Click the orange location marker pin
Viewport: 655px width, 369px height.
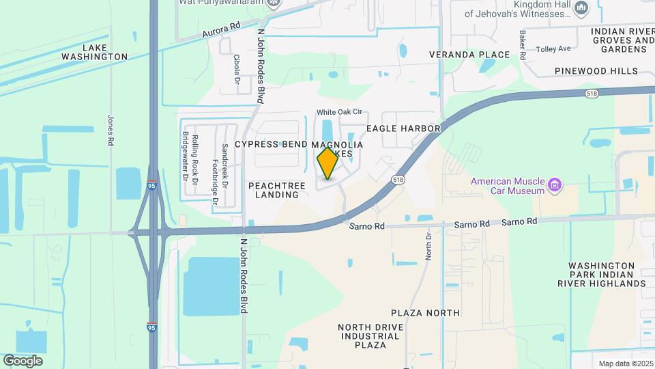[x=327, y=163]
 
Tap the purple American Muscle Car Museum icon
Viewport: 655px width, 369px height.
[x=555, y=184]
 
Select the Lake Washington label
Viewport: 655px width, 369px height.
[x=104, y=52]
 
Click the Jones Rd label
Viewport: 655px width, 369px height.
[x=110, y=130]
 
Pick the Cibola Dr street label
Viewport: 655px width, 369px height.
[x=237, y=70]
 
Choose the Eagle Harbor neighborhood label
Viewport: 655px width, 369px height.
[x=403, y=128]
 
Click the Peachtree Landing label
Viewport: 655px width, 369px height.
[x=274, y=190]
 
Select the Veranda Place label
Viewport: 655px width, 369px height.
[x=469, y=55]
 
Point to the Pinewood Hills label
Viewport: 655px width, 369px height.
[x=596, y=71]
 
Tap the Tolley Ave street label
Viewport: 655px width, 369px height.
[x=553, y=49]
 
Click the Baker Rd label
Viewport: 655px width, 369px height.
[x=523, y=44]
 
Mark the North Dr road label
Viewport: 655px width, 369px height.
[x=429, y=245]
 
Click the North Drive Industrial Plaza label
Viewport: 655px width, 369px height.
[x=371, y=336]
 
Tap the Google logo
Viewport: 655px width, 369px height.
[x=23, y=360]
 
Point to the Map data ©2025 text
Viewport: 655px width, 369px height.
[x=624, y=364]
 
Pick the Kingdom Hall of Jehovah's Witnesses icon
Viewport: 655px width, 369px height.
[x=581, y=8]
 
